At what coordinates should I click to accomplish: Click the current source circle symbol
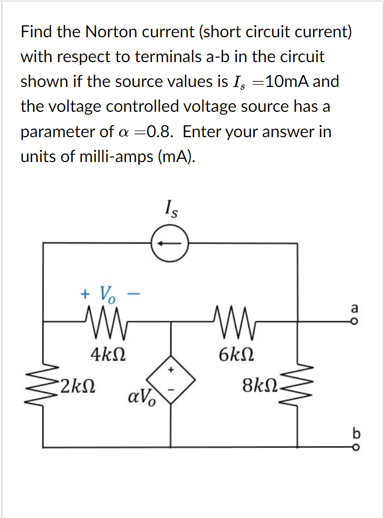point(169,243)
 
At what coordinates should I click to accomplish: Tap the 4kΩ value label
point(109,355)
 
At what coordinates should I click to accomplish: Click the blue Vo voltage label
point(105,294)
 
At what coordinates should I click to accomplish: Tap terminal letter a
point(355,308)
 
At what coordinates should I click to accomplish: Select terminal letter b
point(355,433)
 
